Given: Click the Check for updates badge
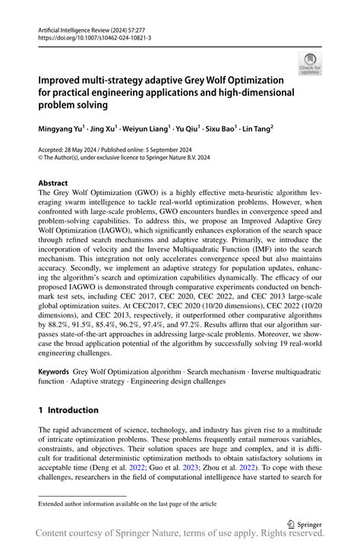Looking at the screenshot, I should tap(310, 63).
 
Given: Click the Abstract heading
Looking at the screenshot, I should tap(53, 184).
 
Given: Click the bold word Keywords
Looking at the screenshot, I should tap(54, 374).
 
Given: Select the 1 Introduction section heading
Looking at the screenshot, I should tap(68, 410).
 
